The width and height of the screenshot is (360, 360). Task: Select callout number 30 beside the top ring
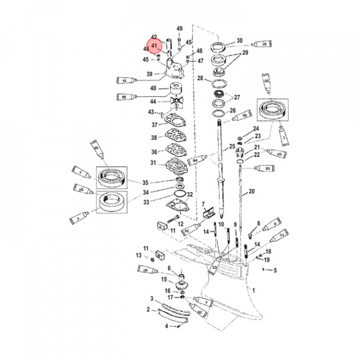click(239, 40)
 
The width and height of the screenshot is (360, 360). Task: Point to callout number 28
click(200, 78)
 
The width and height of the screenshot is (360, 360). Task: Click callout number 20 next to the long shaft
click(251, 191)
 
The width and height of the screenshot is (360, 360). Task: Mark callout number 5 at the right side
click(274, 270)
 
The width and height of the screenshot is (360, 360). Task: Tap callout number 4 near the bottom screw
click(166, 326)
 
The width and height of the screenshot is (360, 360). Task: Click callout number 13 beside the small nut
click(138, 255)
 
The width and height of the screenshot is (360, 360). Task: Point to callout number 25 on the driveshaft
click(232, 146)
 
